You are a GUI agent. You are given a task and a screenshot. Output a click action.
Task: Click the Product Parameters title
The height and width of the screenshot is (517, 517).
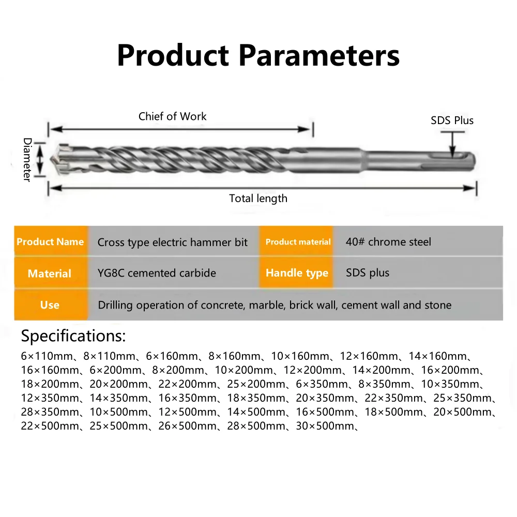(x=258, y=56)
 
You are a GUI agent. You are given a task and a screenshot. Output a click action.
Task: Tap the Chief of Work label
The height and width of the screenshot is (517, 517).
(x=172, y=116)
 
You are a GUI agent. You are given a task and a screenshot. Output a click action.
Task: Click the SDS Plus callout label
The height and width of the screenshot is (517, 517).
(x=452, y=120)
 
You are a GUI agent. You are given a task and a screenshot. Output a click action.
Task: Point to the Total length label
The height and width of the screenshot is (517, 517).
(x=258, y=198)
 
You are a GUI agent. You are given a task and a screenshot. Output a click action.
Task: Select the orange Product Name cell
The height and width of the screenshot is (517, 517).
(x=50, y=241)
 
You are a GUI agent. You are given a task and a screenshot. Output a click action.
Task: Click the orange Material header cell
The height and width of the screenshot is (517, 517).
(x=50, y=273)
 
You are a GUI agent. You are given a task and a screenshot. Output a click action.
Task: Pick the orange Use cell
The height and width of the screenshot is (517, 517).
(x=50, y=305)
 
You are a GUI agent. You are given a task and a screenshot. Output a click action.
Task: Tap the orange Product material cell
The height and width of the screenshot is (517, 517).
(x=298, y=241)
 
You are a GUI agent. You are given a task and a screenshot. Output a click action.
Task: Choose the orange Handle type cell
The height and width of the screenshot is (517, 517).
(x=297, y=273)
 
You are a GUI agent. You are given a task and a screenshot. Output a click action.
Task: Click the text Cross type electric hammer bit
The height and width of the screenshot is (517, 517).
(x=173, y=242)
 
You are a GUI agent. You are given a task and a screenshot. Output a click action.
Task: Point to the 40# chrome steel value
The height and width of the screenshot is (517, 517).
(x=388, y=241)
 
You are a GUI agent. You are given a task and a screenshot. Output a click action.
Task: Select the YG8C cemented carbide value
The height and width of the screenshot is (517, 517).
(x=157, y=273)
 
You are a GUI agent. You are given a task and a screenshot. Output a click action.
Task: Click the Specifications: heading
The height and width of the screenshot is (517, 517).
(x=73, y=336)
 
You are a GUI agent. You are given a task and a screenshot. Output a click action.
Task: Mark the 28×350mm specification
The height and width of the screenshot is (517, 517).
(x=48, y=412)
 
